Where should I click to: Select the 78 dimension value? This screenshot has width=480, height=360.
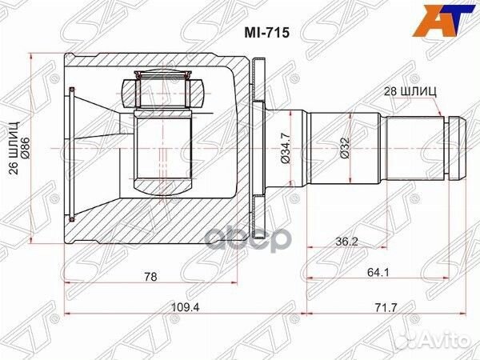pyautogui.click(x=150, y=277)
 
